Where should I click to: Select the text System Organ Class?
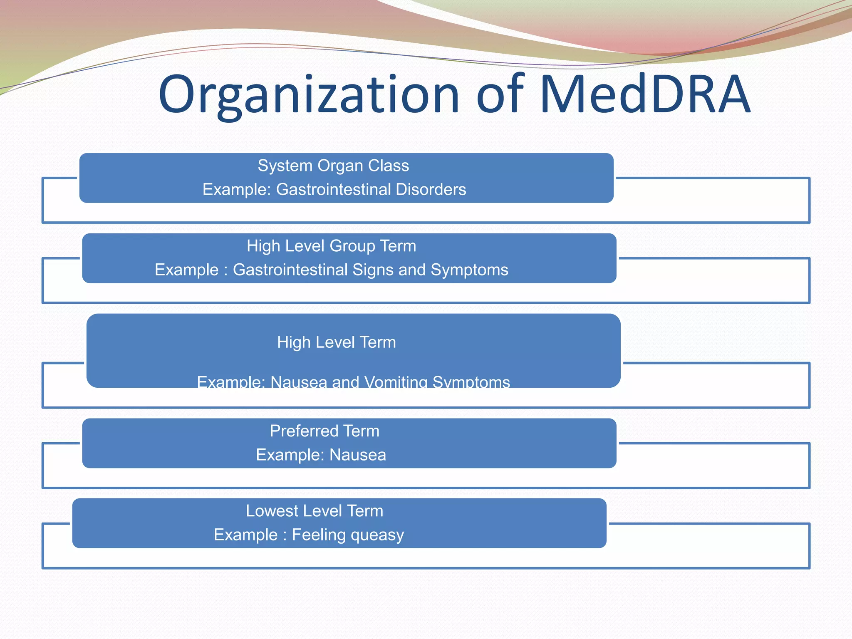333,166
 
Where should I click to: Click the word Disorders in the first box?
431,189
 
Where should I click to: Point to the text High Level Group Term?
331,246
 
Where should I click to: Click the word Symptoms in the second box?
469,270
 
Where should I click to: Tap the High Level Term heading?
337,342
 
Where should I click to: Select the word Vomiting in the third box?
396,382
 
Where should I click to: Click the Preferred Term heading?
324,431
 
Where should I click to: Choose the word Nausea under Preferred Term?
358,455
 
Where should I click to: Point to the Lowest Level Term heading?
315,511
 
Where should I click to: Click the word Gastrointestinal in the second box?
290,270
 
